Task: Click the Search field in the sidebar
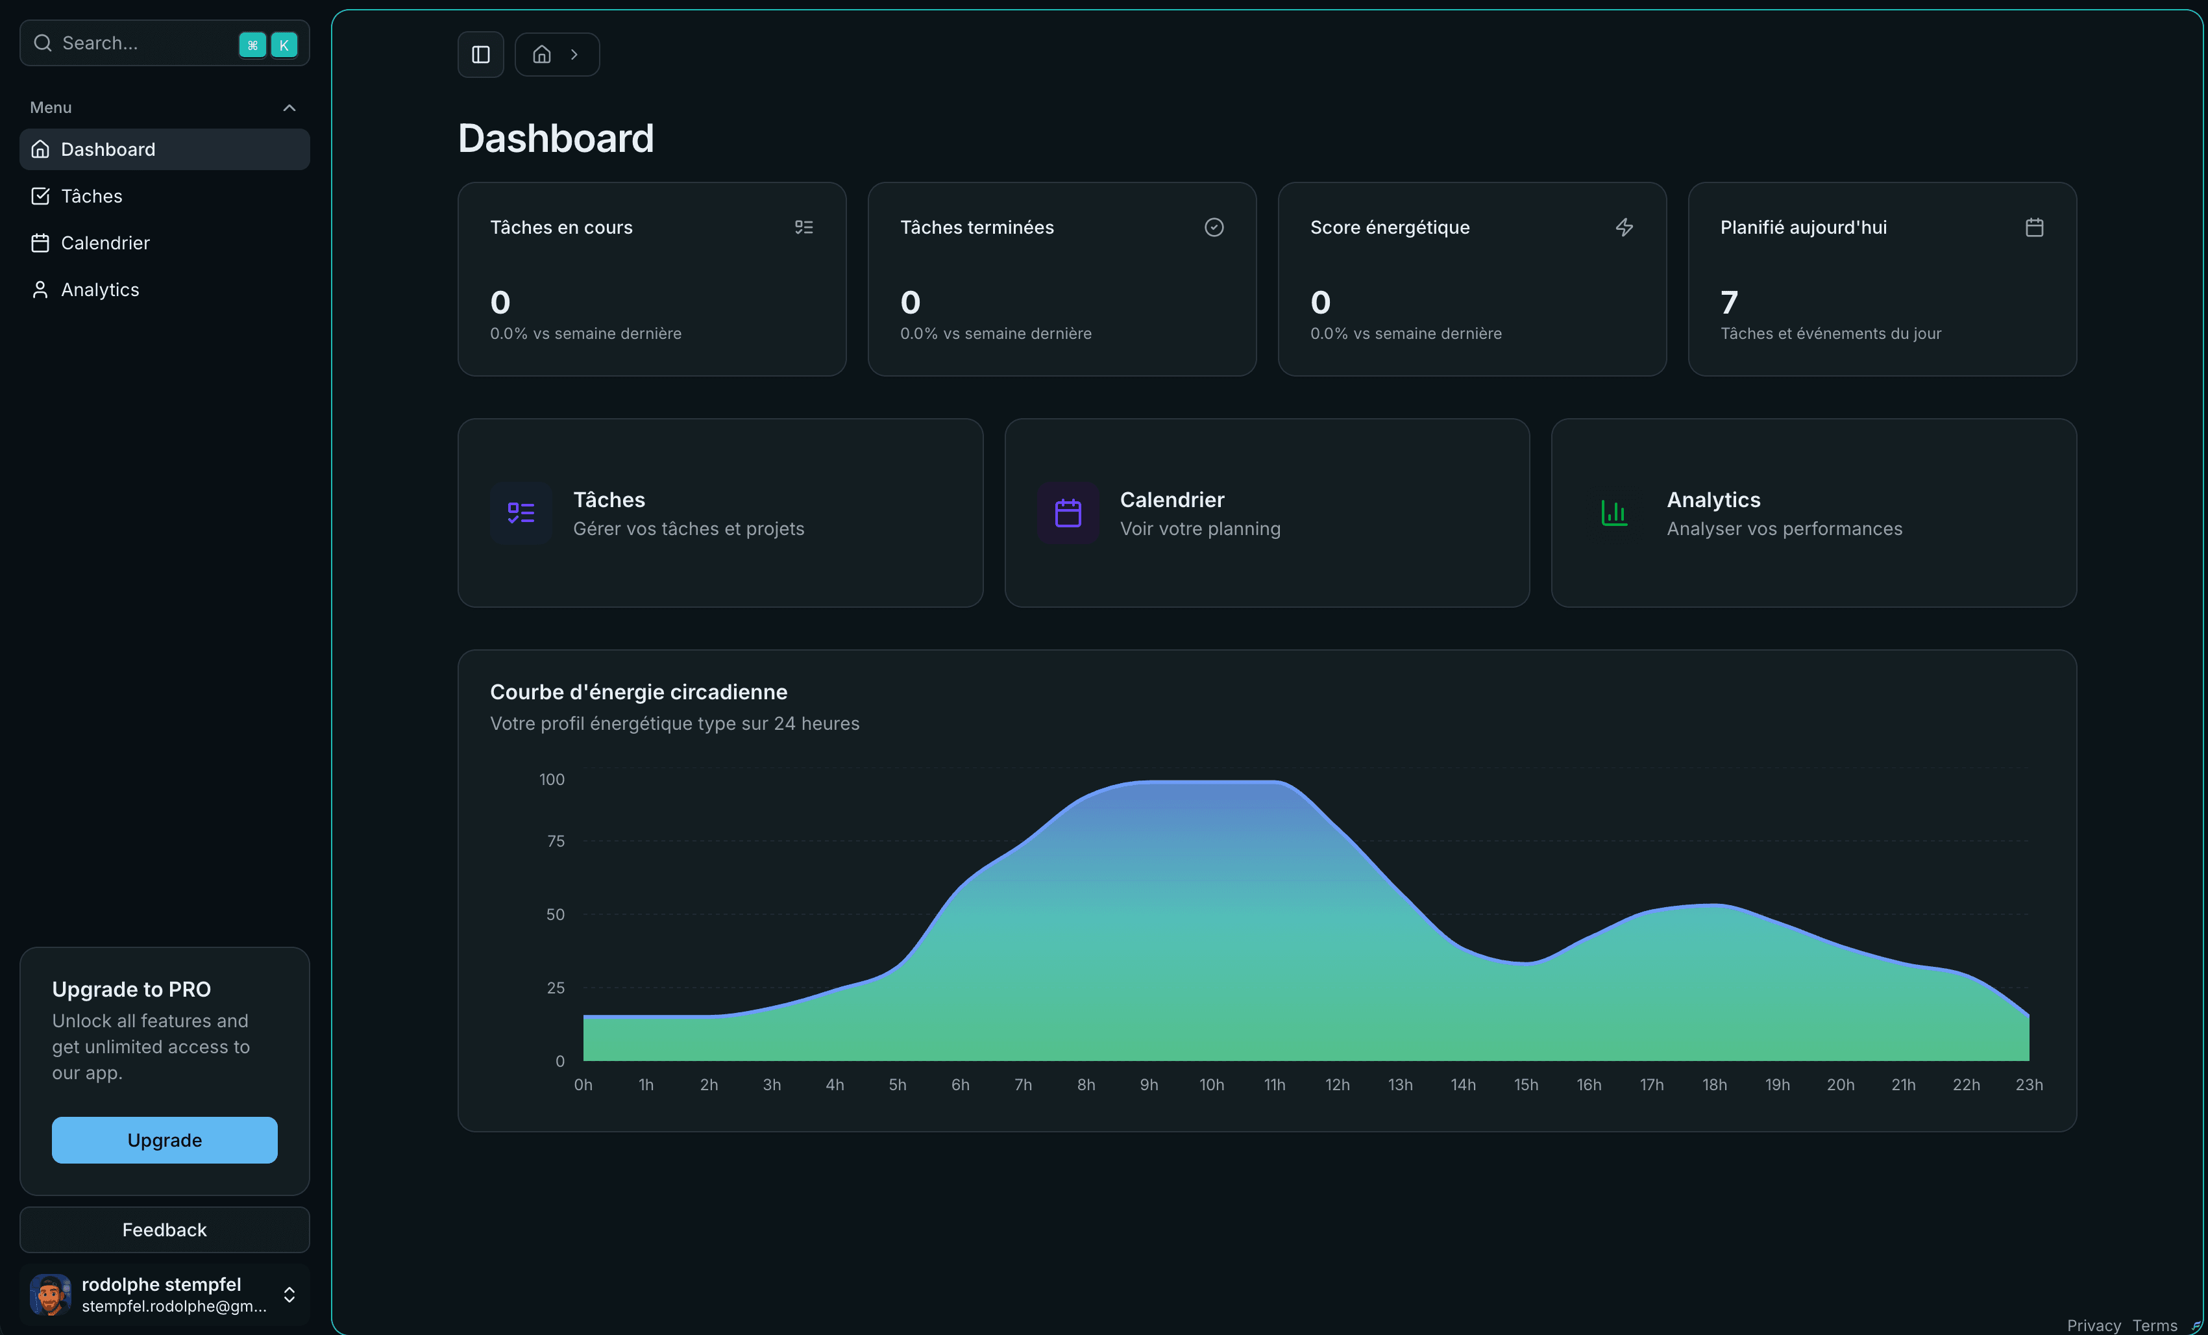pyautogui.click(x=134, y=43)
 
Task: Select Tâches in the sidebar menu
pyautogui.click(x=92, y=196)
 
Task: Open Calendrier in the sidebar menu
pyautogui.click(x=105, y=243)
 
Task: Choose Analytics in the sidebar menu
pyautogui.click(x=99, y=290)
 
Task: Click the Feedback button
pyautogui.click(x=164, y=1229)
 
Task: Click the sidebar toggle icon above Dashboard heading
pyautogui.click(x=480, y=55)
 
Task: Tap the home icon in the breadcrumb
pyautogui.click(x=541, y=55)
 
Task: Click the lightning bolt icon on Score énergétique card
pyautogui.click(x=1624, y=228)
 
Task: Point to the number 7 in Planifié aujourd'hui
pyautogui.click(x=1728, y=302)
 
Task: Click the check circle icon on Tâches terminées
pyautogui.click(x=1213, y=228)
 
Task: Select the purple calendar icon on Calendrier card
pyautogui.click(x=1067, y=513)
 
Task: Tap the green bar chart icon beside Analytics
pyautogui.click(x=1614, y=513)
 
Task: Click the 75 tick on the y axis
pyautogui.click(x=556, y=841)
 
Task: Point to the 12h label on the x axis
pyautogui.click(x=1337, y=1085)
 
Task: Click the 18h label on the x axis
pyautogui.click(x=1714, y=1085)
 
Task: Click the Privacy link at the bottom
pyautogui.click(x=2093, y=1325)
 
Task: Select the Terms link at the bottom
pyautogui.click(x=2154, y=1325)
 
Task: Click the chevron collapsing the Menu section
pyautogui.click(x=289, y=108)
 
